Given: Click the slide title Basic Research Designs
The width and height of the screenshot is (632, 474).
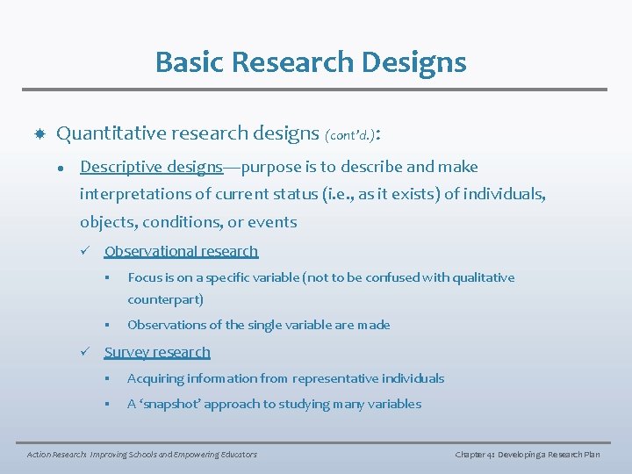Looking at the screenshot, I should [311, 62].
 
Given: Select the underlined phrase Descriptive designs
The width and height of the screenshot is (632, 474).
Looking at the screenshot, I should [151, 167].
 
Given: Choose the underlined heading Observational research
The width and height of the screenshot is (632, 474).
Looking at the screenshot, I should [181, 251].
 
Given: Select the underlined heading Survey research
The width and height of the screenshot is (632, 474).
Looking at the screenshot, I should [157, 352].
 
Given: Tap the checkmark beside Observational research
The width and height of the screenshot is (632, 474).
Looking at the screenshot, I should [85, 252].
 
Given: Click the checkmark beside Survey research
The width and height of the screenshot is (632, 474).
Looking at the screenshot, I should [85, 352].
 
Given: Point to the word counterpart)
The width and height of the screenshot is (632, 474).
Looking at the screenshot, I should [165, 299].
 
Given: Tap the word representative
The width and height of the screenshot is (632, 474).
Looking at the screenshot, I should [335, 378].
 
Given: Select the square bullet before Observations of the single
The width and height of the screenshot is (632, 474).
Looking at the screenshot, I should [104, 325].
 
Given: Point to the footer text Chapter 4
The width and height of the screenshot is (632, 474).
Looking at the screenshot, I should [475, 454].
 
